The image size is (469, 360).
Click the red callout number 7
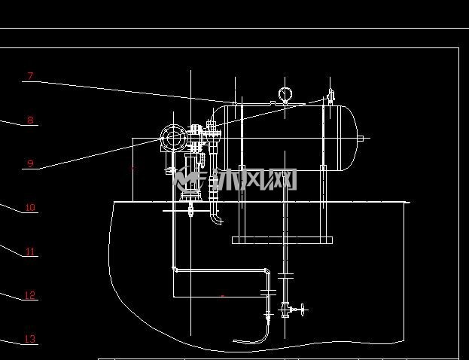coord(30,76)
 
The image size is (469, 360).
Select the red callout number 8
coord(30,120)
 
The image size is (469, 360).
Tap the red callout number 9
coord(30,163)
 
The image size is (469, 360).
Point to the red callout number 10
coord(30,207)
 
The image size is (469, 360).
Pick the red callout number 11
coord(30,251)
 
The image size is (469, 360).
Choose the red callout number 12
coord(30,295)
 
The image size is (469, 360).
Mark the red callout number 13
coord(30,339)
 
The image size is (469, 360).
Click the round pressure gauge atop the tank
coord(285,94)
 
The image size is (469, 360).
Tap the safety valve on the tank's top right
coord(330,96)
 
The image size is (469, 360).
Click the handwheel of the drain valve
coord(303,310)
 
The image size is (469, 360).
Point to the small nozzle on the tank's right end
coord(361,139)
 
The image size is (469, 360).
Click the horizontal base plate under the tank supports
coord(282,240)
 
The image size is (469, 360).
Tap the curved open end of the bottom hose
coord(236,340)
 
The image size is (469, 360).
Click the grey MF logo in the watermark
coord(190,179)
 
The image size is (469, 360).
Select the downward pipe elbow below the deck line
coord(216,218)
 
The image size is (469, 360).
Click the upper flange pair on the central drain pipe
coord(285,276)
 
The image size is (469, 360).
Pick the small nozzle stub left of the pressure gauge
coord(273,102)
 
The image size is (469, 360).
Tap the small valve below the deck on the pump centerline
coord(190,209)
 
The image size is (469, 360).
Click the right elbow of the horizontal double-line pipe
coord(267,271)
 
